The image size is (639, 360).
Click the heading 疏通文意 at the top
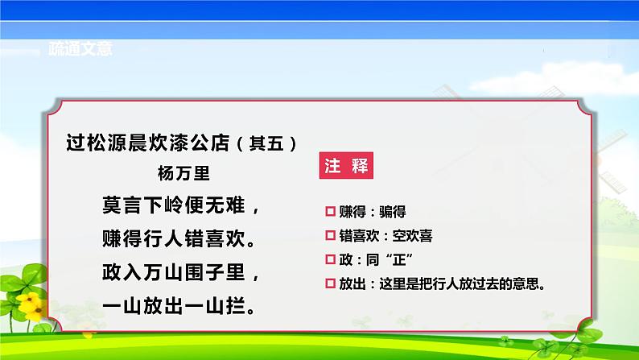78,48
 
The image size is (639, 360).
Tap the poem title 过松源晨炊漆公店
146,143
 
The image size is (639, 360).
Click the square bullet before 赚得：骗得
329,212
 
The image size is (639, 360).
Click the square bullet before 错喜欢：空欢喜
329,236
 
